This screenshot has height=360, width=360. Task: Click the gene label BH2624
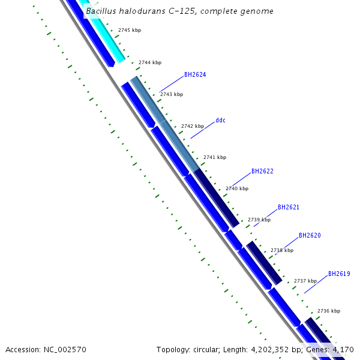195,75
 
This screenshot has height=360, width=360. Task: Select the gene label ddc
221,120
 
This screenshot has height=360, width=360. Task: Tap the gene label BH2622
262,171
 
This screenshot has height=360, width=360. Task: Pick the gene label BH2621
289,207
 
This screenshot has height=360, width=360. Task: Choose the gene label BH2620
310,235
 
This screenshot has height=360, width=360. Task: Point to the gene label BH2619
339,274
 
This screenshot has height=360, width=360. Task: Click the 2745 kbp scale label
130,29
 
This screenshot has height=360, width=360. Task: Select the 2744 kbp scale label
150,62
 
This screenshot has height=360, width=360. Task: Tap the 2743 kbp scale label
172,94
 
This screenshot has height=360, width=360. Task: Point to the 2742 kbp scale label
193,126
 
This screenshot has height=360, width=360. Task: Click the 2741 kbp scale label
215,157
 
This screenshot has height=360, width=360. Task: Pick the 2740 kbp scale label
237,188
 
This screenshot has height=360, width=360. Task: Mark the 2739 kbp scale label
259,220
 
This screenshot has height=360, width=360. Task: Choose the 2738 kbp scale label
282,250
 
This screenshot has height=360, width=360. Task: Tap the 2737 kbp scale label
305,281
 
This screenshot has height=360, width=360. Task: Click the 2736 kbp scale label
328,311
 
